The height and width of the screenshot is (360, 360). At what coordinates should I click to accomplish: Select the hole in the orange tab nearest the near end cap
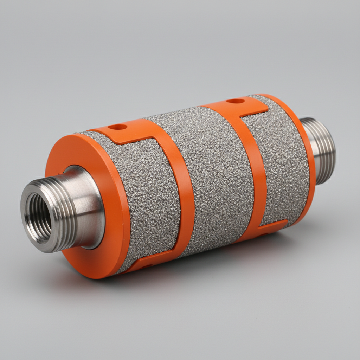tap(117, 127)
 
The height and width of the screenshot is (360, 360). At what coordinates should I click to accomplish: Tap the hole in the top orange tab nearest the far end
tap(235, 101)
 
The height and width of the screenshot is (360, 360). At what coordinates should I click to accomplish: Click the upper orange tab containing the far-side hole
tap(246, 105)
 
